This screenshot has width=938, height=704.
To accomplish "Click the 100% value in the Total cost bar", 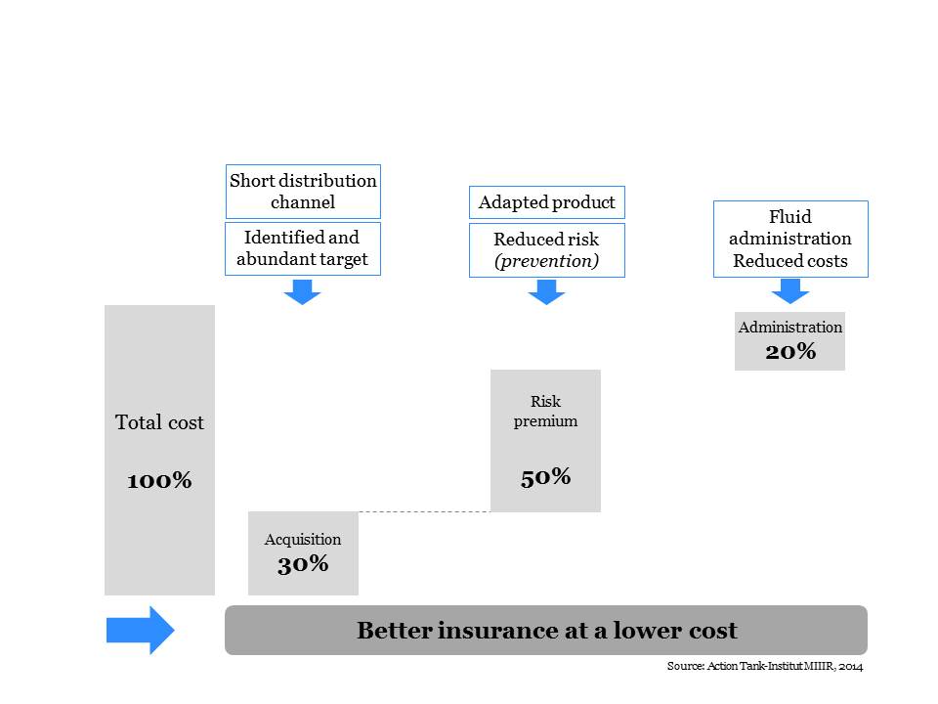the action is pyautogui.click(x=159, y=480).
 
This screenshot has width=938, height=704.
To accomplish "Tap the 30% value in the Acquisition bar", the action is pyautogui.click(x=303, y=564).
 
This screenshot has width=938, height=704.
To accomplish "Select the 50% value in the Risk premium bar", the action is pyautogui.click(x=545, y=477).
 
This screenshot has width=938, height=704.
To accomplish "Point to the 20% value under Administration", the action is pyautogui.click(x=790, y=351).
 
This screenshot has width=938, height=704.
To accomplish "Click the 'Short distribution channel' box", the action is pyautogui.click(x=303, y=192).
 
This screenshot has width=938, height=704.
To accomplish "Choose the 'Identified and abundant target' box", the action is pyautogui.click(x=303, y=249).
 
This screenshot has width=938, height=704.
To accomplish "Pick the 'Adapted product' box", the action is pyautogui.click(x=547, y=202).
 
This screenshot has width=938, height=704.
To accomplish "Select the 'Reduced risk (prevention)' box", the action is pyautogui.click(x=547, y=250).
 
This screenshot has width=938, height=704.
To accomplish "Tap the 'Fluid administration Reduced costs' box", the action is pyautogui.click(x=790, y=239).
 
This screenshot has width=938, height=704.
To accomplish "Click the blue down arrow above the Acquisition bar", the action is pyautogui.click(x=302, y=291).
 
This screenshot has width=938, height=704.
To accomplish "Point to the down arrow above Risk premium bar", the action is pyautogui.click(x=547, y=291).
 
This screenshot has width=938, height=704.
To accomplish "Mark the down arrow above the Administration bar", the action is pyautogui.click(x=790, y=291).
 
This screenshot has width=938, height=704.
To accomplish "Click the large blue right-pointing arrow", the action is pyautogui.click(x=141, y=631).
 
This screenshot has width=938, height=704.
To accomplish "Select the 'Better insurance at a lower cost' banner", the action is pyautogui.click(x=546, y=631).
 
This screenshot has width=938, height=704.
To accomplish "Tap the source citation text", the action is pyautogui.click(x=765, y=666).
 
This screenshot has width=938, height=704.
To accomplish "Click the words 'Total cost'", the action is pyautogui.click(x=159, y=422).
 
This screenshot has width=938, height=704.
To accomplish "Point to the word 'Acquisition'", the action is pyautogui.click(x=303, y=540).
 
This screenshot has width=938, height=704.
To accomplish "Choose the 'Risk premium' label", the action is pyautogui.click(x=545, y=411).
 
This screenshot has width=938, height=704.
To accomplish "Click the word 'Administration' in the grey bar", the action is pyautogui.click(x=790, y=327).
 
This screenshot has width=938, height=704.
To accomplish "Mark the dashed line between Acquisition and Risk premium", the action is pyautogui.click(x=425, y=511).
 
